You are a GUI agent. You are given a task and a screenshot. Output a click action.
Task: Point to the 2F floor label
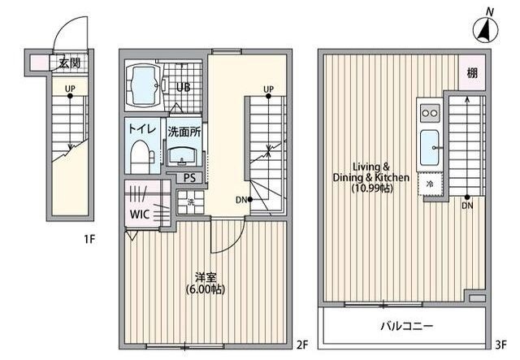301,344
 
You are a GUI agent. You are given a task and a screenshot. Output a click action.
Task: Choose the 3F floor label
501,344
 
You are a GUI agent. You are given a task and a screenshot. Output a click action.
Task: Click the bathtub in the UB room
147,86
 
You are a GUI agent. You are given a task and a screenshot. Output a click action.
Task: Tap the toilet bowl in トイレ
141,153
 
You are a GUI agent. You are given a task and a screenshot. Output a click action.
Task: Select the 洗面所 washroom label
184,130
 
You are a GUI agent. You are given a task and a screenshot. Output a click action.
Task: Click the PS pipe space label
189,178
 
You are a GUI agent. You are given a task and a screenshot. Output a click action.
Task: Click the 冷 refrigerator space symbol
429,184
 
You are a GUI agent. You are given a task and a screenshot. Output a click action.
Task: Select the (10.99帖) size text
372,189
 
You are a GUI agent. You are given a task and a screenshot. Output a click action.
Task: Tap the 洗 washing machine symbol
190,203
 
